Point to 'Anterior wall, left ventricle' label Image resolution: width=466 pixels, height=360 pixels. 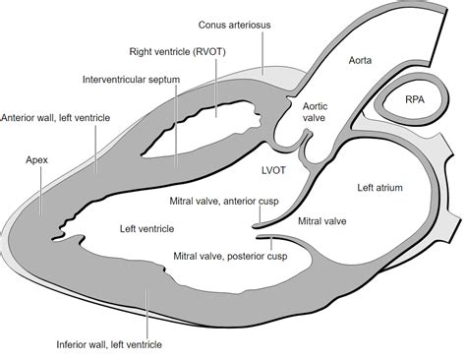pos(56,117)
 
